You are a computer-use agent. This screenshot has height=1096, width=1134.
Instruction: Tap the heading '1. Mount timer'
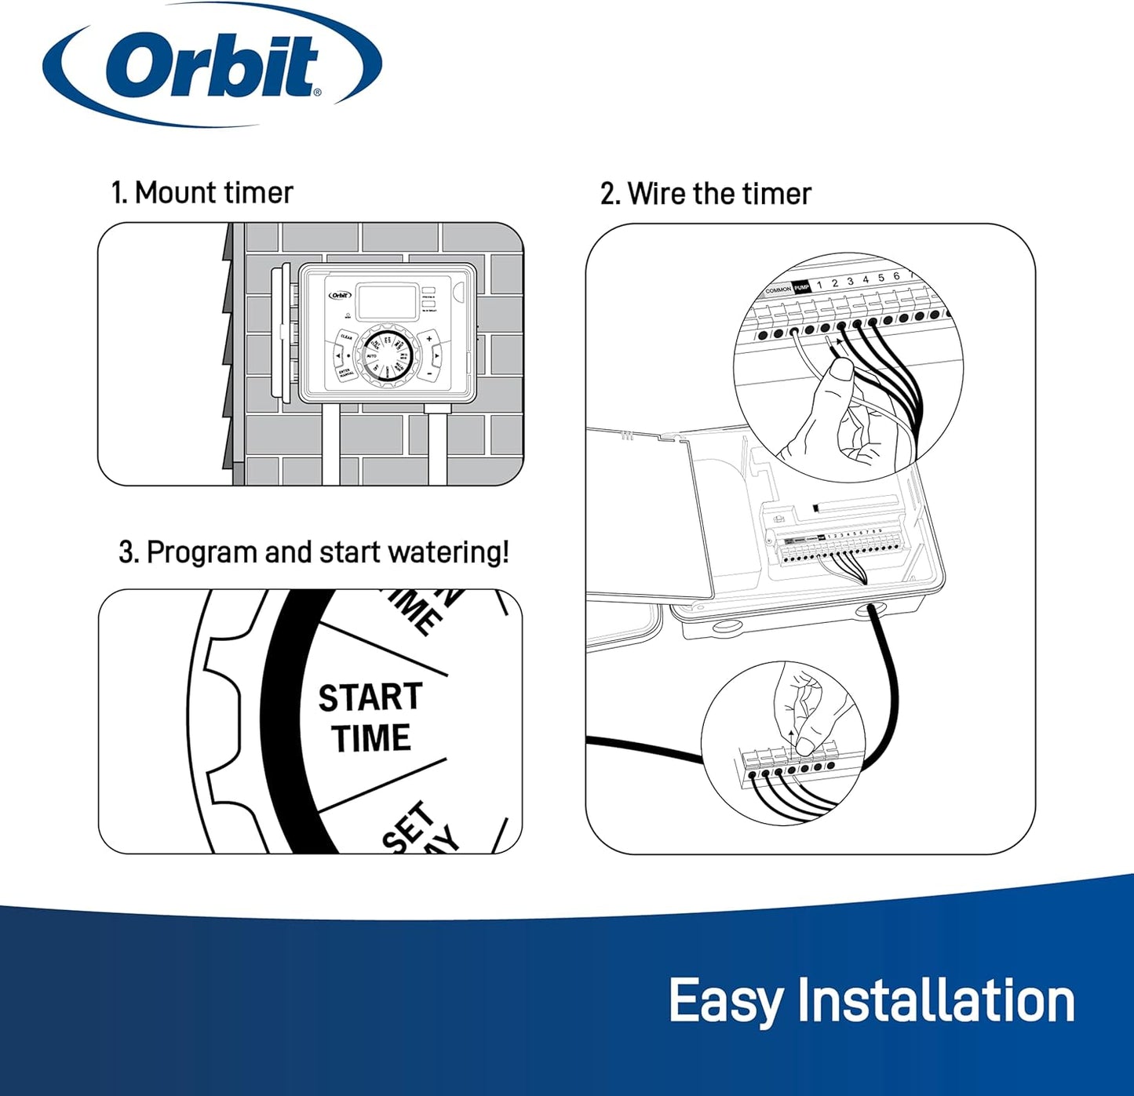[202, 192]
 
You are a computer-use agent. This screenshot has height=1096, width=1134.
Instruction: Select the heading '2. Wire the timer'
[705, 194]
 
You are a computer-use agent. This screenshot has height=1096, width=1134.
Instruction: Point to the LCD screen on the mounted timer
[387, 301]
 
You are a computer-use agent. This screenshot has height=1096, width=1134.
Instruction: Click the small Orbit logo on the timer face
[339, 296]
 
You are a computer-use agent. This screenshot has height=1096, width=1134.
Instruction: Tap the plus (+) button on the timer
[429, 339]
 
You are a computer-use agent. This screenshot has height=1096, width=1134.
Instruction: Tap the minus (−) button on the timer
[430, 374]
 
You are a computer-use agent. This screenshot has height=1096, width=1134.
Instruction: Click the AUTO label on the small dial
[372, 356]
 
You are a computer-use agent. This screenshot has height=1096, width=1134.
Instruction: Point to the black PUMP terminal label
[800, 288]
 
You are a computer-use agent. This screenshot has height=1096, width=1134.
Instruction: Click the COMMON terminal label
[778, 290]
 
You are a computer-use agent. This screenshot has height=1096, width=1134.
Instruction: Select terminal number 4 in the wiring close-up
[866, 279]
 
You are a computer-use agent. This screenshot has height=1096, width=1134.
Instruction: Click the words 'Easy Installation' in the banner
[870, 1001]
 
